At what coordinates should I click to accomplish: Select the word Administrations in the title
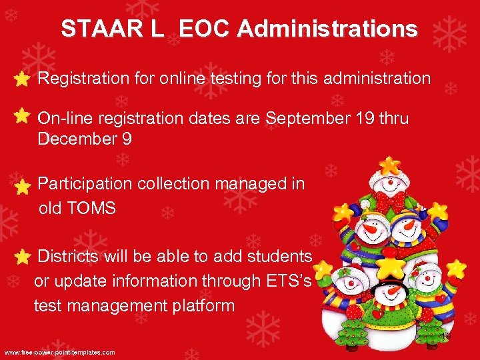[327, 29]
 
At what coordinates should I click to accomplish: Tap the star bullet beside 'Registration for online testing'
[21, 79]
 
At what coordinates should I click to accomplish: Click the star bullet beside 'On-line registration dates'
[21, 116]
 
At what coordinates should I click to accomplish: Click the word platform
[200, 306]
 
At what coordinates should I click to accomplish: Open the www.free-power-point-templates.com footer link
[60, 352]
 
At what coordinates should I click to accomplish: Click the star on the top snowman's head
[388, 164]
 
